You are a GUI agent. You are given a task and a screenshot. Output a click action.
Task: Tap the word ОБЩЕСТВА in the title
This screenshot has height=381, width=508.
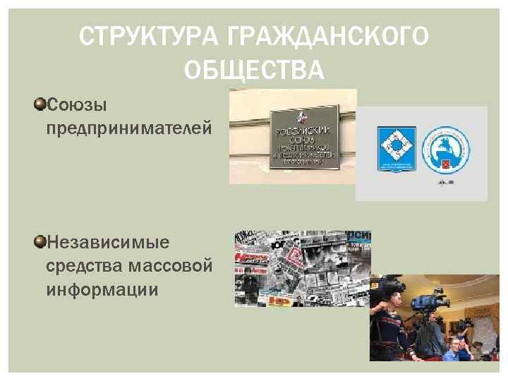point(254,70)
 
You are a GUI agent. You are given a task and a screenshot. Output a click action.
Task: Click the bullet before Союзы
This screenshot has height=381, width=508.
point(40,104)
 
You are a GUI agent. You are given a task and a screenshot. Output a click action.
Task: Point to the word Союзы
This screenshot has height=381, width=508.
point(76,106)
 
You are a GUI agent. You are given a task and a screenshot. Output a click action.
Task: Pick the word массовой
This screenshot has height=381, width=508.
point(171,266)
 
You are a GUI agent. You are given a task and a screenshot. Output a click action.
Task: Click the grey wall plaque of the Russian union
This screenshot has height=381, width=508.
point(305,138)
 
